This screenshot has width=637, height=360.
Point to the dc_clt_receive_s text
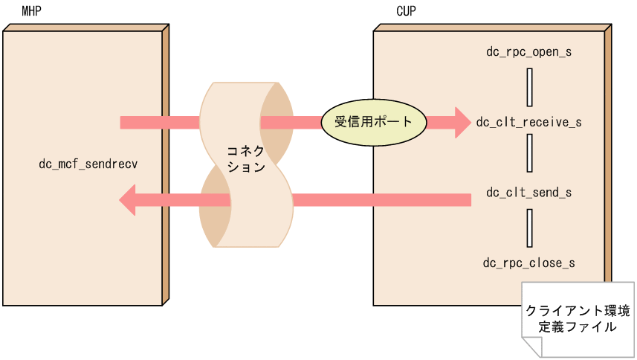528,122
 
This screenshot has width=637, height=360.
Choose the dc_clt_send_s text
528,193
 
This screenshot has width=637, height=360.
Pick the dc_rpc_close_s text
528,263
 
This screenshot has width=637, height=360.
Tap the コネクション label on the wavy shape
246,159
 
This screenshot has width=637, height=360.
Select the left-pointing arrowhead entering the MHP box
129,199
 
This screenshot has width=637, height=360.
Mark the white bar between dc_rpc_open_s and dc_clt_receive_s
528,87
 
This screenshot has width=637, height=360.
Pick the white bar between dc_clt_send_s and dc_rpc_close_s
528,228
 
